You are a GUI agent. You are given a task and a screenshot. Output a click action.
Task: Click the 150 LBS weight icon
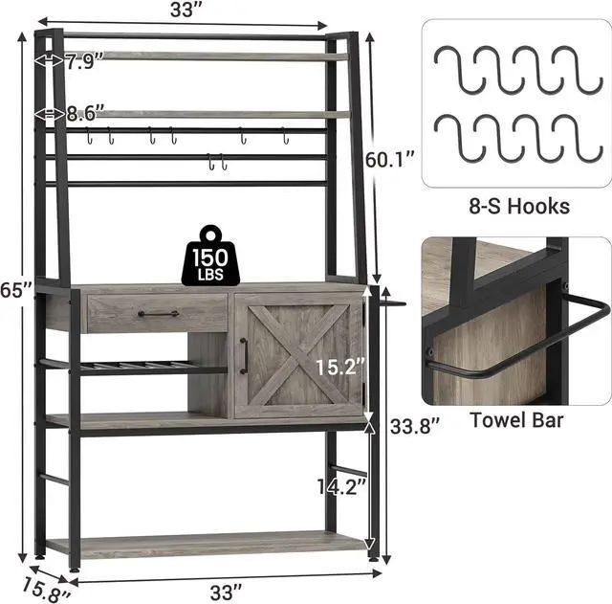(210, 256)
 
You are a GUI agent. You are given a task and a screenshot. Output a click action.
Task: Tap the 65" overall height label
(15, 289)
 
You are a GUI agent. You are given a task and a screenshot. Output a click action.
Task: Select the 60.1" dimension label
(389, 159)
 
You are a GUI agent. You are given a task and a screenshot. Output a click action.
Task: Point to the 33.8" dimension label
(415, 425)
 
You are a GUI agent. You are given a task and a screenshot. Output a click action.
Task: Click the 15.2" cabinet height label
(340, 367)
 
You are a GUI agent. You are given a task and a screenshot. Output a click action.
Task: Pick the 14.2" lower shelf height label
(342, 487)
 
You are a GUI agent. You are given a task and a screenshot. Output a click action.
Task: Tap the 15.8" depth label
(46, 590)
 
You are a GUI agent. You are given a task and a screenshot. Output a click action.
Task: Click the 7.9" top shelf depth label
(84, 61)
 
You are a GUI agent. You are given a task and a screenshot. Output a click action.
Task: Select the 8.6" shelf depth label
(85, 113)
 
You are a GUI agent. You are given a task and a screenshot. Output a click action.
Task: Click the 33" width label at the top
(187, 10)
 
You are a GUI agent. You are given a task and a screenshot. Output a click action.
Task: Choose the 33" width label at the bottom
(227, 593)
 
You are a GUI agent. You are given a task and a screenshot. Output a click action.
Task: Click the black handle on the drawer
(159, 314)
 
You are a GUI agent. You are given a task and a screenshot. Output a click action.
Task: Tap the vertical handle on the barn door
(245, 355)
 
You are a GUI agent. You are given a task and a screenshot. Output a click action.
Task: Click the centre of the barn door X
(299, 355)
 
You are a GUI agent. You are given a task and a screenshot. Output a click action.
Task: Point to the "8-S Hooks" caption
(519, 206)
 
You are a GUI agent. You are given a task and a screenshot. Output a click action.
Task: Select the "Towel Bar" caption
(516, 420)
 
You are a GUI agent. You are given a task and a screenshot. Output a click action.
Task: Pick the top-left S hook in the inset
(460, 70)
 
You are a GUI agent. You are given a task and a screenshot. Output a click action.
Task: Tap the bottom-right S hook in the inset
(578, 138)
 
